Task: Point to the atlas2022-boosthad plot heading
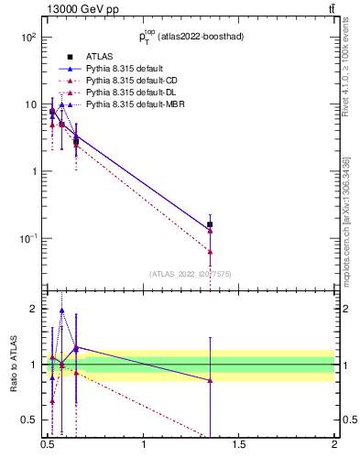click(191, 38)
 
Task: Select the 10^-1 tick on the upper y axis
click(27, 238)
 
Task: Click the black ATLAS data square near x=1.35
click(210, 224)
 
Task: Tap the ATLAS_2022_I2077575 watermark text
click(191, 273)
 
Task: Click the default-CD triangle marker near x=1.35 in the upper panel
click(210, 251)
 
